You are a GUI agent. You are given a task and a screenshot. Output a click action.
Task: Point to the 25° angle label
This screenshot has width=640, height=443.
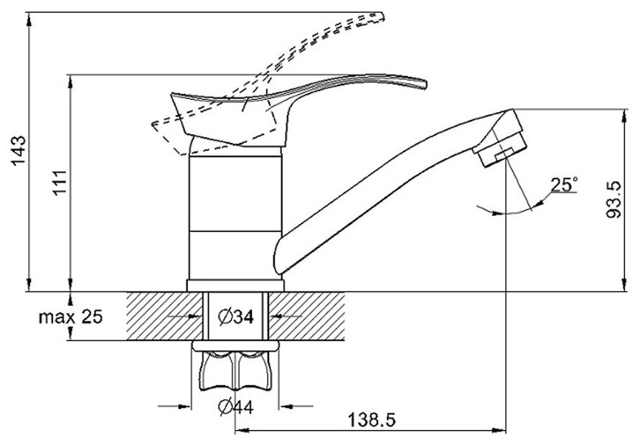coord(563,185)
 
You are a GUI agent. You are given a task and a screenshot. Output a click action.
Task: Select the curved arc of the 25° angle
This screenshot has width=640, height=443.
coord(506,212)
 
